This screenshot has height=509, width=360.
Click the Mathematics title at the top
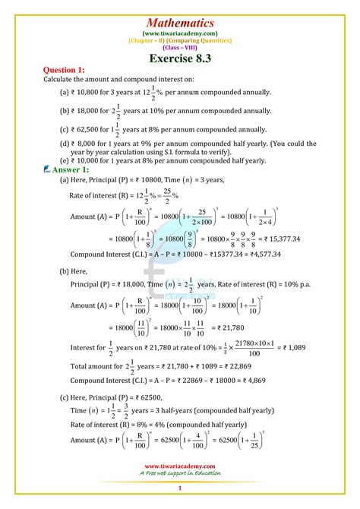click(x=181, y=23)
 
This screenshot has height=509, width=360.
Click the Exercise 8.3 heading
click(x=181, y=57)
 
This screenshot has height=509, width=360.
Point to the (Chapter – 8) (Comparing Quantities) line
click(x=180, y=40)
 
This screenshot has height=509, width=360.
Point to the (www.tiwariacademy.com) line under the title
click(x=180, y=33)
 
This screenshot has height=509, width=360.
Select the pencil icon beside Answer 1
click(x=47, y=169)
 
